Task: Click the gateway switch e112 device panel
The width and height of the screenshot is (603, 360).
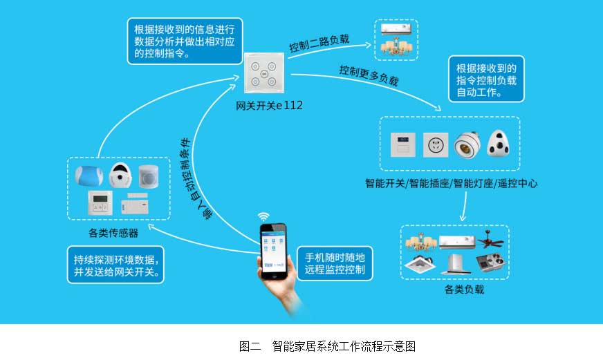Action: tap(265, 73)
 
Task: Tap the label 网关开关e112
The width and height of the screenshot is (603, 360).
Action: tap(269, 105)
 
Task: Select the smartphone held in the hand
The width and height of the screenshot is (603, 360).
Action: tap(273, 252)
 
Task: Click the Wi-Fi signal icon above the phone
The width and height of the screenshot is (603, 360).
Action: tap(263, 216)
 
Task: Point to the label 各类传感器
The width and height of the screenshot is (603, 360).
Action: tap(113, 233)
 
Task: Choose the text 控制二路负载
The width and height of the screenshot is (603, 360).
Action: tap(319, 43)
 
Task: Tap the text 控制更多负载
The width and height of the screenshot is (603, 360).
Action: tap(369, 75)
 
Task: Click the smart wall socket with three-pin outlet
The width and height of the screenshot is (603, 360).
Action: tap(436, 145)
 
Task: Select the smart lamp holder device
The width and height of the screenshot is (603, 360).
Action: tap(467, 145)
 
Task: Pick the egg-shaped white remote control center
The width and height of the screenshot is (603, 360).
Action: tap(499, 143)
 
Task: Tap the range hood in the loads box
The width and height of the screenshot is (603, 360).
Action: tap(456, 264)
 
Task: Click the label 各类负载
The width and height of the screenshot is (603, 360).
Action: tap(464, 290)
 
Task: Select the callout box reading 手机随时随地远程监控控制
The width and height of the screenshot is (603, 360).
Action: tap(335, 263)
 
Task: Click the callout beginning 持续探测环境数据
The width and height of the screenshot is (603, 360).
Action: tap(115, 265)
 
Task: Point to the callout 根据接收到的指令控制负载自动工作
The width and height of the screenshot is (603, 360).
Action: tap(486, 79)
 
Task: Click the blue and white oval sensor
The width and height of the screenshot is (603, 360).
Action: tap(89, 176)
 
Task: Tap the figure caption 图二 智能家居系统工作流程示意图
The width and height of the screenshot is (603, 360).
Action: tap(327, 346)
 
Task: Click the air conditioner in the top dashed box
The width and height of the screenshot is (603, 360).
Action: tap(396, 29)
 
